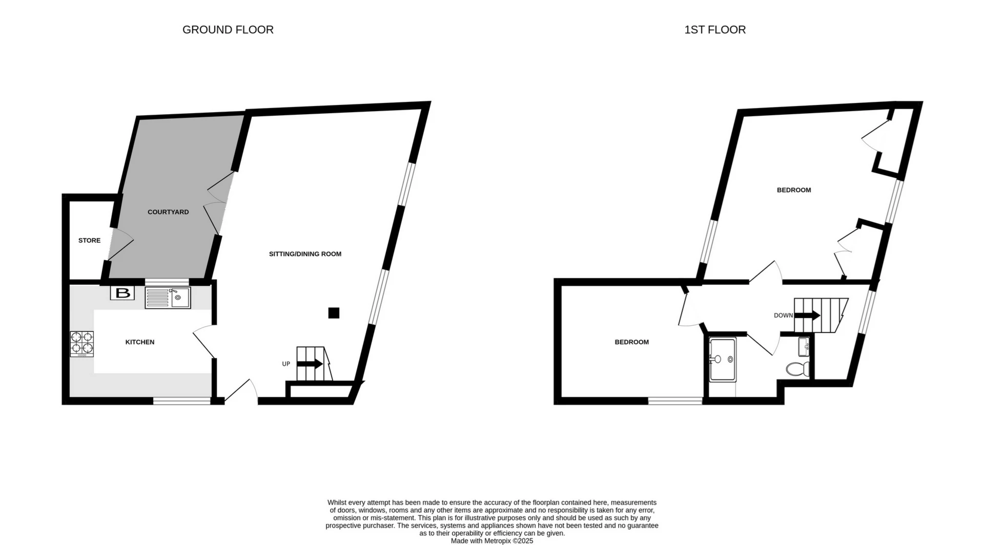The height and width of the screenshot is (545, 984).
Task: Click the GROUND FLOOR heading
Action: coord(228,30)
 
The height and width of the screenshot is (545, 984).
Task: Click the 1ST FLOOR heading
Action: coord(715,30)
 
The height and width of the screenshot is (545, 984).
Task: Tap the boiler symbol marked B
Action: coord(122,293)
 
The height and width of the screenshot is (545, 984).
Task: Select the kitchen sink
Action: coord(168,298)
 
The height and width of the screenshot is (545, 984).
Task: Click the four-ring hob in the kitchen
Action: coord(82,343)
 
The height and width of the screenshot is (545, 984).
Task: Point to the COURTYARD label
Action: coord(168,212)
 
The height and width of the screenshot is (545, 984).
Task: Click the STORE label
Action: coord(89,240)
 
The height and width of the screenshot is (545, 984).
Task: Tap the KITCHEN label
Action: coord(140,342)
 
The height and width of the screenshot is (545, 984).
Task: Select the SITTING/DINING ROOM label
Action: coord(305,254)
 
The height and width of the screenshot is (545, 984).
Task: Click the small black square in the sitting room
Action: coord(334,312)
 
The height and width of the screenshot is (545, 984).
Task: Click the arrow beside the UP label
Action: coord(310,364)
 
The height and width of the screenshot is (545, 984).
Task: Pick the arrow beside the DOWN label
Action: coord(807,316)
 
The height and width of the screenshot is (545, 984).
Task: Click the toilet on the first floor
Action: coord(797,368)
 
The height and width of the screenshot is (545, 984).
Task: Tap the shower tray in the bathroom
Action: coord(723,359)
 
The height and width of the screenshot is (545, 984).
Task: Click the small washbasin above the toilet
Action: coord(804,346)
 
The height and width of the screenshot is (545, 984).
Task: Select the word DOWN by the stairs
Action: coord(783,316)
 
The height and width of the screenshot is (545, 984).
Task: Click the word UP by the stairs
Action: coord(286,364)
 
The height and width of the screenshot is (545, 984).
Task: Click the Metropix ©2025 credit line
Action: coord(491,541)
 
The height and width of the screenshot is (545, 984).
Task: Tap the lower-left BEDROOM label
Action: coord(631,342)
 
